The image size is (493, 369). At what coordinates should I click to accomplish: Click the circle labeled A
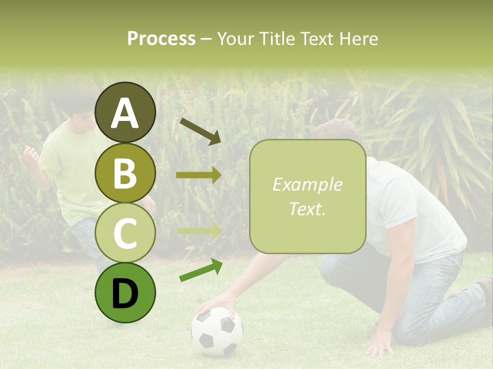pos(125,113)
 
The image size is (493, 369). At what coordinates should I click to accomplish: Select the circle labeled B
pos(125,173)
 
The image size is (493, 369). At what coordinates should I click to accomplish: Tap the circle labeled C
pos(125,233)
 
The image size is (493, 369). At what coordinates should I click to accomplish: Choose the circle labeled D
pos(125,293)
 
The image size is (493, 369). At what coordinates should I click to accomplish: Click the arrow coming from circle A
pos(200,131)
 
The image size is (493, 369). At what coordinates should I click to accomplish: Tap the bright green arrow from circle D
pos(201,270)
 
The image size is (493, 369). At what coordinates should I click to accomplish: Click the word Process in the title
pos(161,38)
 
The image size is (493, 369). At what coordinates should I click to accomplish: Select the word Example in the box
pos(307,184)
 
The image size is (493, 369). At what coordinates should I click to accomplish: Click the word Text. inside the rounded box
pos(307,209)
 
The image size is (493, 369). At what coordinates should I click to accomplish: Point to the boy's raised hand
pos(30,154)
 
